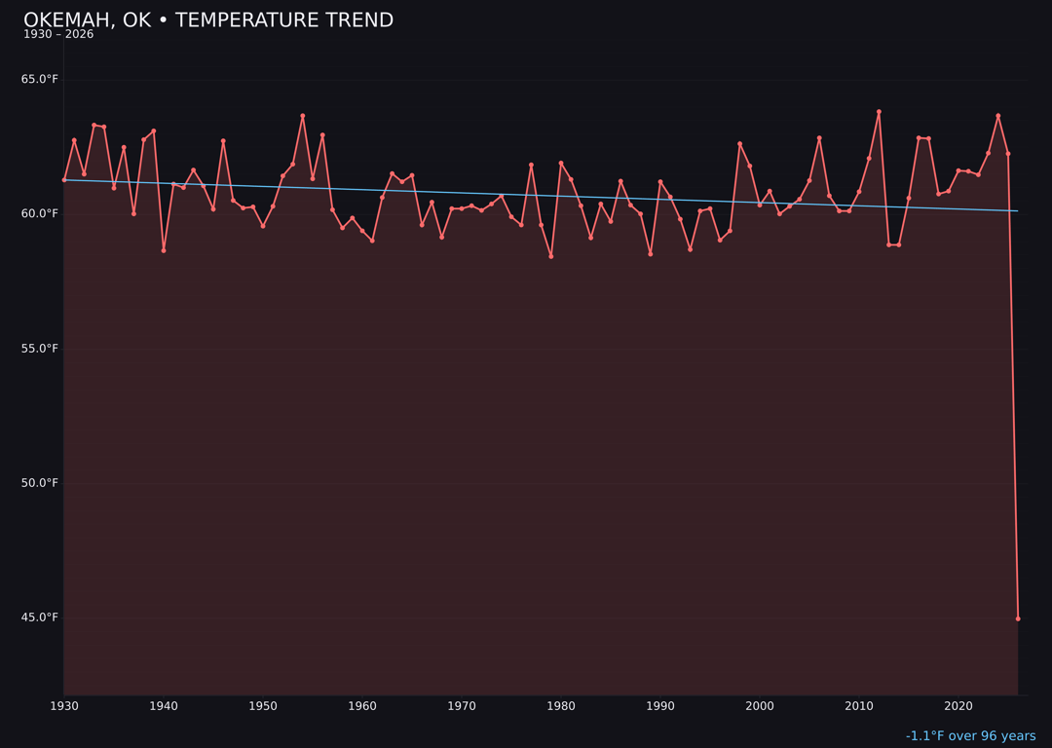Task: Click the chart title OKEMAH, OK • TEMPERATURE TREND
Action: (208, 20)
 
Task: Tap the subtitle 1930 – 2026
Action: (58, 35)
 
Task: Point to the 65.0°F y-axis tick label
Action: (40, 80)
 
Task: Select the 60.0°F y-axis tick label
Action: (40, 214)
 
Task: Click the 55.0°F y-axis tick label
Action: (40, 349)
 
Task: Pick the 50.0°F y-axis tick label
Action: (40, 483)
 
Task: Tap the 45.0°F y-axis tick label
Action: (40, 617)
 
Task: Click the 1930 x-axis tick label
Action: (64, 706)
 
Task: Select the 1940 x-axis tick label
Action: (164, 706)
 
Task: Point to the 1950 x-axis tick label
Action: (263, 706)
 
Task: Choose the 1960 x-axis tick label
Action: (362, 706)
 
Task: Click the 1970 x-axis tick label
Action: (462, 706)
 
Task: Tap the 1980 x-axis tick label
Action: (561, 706)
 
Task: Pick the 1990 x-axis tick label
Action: (660, 706)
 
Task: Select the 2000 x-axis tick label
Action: (760, 706)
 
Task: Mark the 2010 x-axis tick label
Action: (859, 706)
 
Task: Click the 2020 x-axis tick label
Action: (958, 706)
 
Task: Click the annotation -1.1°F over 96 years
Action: (970, 736)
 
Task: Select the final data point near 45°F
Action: (1018, 618)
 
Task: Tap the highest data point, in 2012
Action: (879, 112)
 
